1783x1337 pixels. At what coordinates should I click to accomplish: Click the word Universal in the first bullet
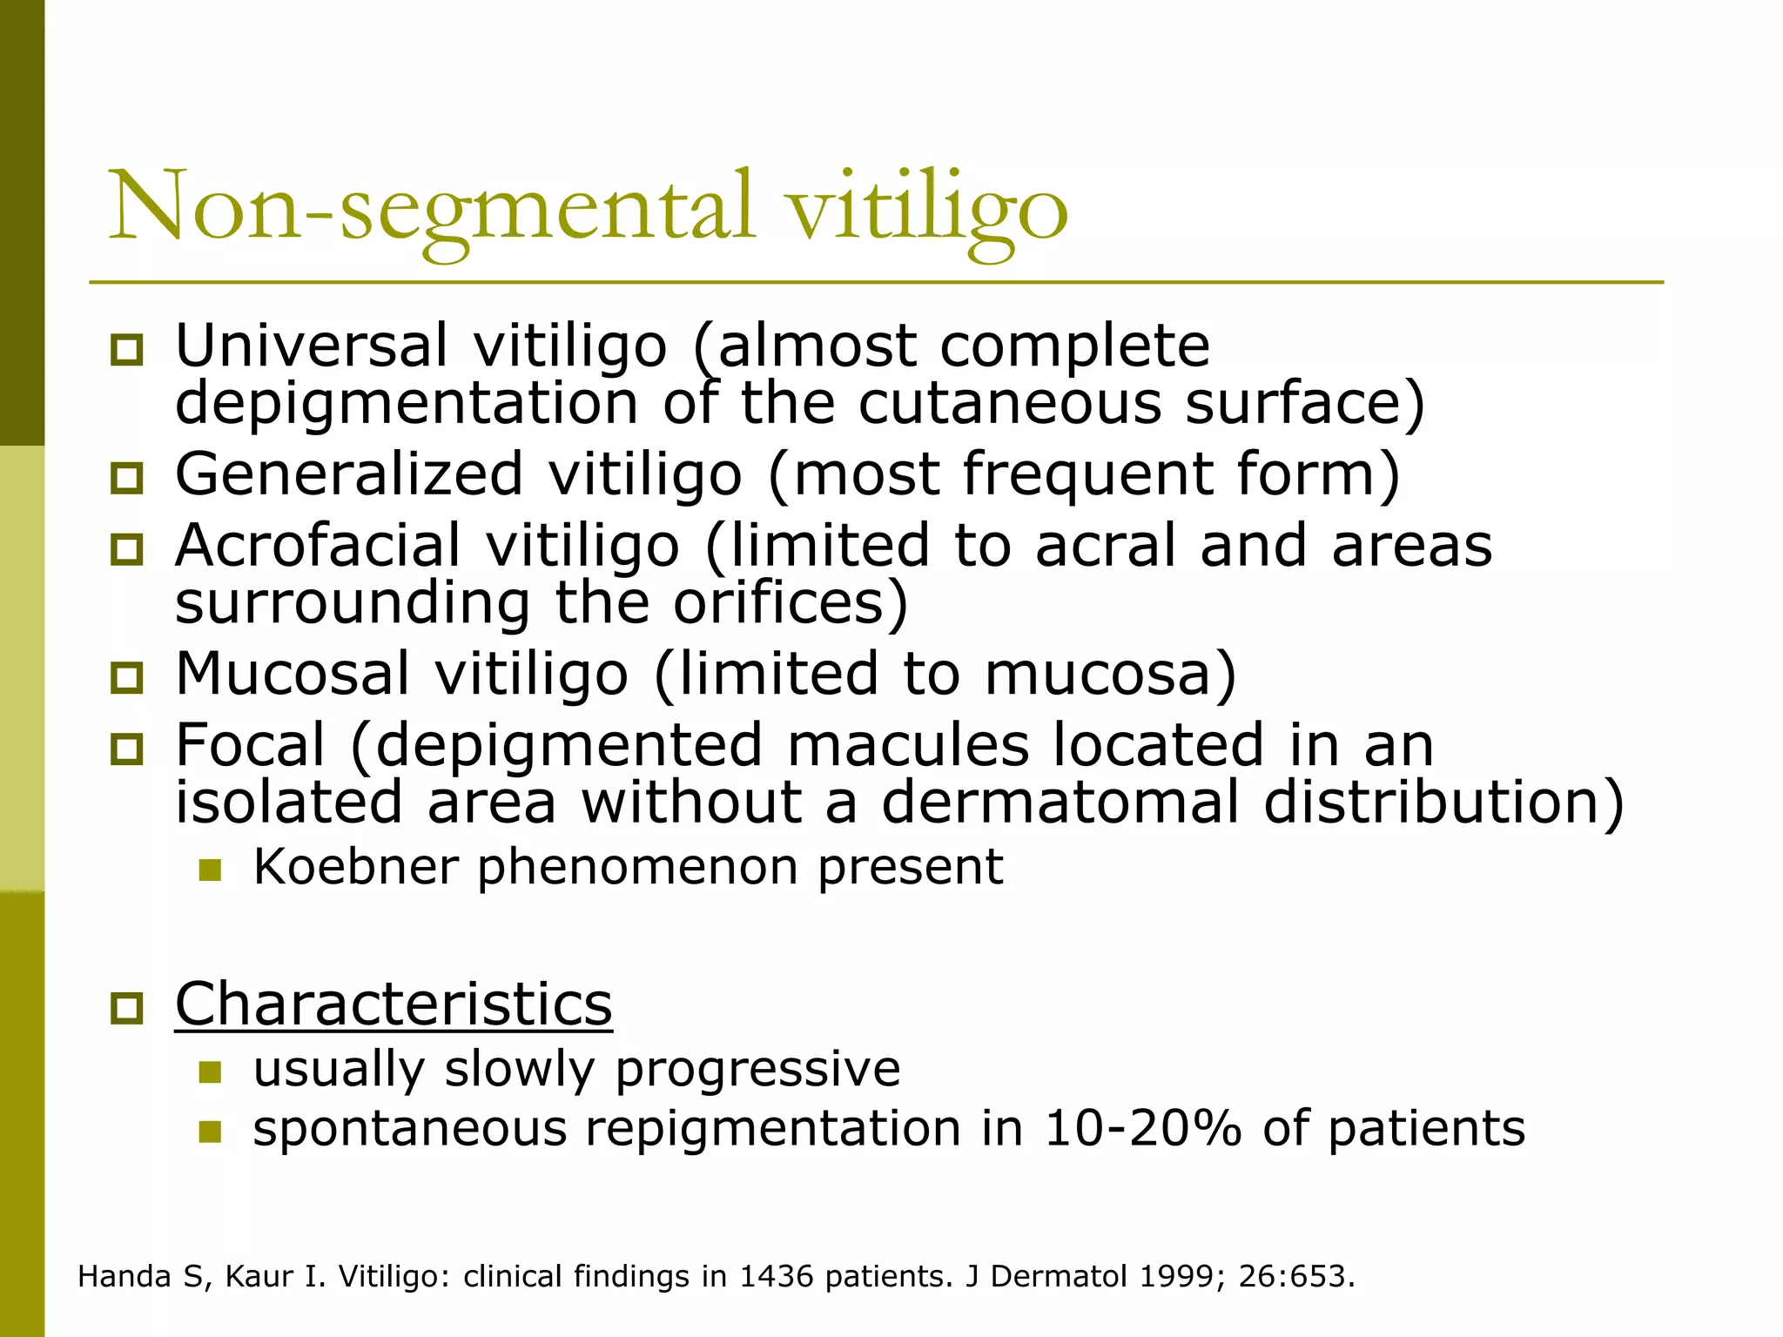click(x=311, y=346)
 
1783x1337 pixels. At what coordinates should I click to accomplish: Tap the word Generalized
click(x=349, y=474)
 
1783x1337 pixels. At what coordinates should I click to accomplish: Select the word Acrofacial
click(x=317, y=546)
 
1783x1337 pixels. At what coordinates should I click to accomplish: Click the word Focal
click(x=250, y=746)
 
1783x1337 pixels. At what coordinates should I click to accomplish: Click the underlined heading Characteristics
click(x=394, y=1004)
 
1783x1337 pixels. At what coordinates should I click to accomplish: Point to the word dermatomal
click(x=1060, y=802)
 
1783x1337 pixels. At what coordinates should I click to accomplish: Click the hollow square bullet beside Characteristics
click(x=127, y=1008)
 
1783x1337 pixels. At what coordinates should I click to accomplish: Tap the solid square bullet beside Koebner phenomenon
click(x=210, y=870)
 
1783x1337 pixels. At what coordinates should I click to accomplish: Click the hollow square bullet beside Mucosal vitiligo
click(x=127, y=677)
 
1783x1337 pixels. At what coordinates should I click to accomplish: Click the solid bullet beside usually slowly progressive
click(x=210, y=1072)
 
